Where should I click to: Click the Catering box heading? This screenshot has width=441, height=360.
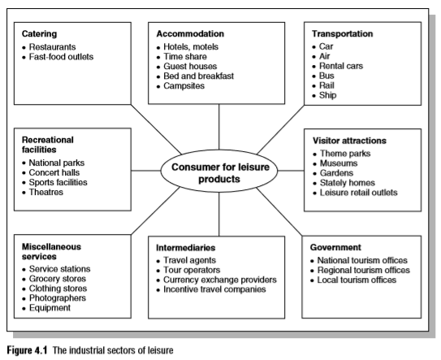pos(39,34)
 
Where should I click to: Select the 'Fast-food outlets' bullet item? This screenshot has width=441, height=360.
pos(61,57)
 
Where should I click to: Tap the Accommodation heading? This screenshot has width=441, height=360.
pos(190,34)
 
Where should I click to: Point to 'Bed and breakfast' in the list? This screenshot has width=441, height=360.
pos(198,76)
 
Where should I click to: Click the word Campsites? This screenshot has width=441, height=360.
pos(184,86)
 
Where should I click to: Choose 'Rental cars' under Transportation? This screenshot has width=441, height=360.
pos(341,66)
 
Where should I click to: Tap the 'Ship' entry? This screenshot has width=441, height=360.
pos(327,95)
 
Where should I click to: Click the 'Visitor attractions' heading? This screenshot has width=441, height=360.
pos(349,141)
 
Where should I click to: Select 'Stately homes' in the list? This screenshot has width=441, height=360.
pos(348,183)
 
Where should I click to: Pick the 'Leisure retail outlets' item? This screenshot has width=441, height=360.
pos(359,193)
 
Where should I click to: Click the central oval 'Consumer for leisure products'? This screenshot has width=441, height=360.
pos(219,171)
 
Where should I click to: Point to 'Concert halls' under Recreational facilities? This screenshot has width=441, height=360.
pos(54,172)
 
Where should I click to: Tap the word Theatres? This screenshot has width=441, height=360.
pos(46,193)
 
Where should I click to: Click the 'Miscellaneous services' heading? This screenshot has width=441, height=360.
pos(51,252)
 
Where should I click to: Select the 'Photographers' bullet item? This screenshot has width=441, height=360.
pos(58,298)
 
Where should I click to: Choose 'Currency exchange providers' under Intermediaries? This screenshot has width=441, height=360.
pos(220,280)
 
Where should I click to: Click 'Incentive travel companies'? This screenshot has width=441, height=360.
pos(214,289)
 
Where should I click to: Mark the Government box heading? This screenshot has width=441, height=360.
pos(335,247)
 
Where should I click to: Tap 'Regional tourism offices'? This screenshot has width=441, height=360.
pos(364,271)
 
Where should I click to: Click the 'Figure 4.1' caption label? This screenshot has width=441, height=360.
pos(27,350)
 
